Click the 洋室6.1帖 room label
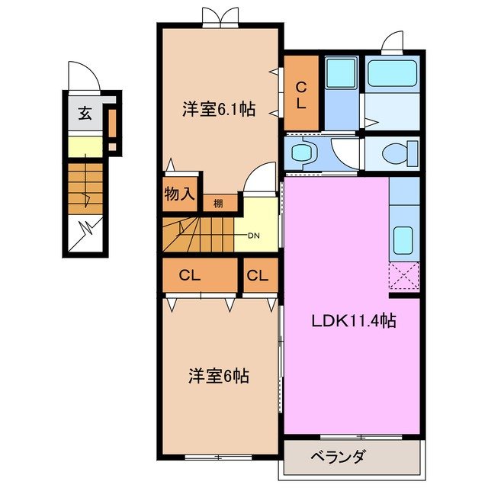pyautogui.click(x=218, y=109)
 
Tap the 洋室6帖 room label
pyautogui.click(x=219, y=376)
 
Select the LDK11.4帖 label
pyautogui.click(x=352, y=322)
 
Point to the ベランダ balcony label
pyautogui.click(x=339, y=457)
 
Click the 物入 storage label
pyautogui.click(x=179, y=194)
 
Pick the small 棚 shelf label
pyautogui.click(x=218, y=203)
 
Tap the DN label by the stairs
pyautogui.click(x=253, y=235)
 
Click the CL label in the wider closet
pyautogui.click(x=190, y=276)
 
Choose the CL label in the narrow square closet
pyautogui.click(x=258, y=276)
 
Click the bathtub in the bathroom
pyautogui.click(x=390, y=74)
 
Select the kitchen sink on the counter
pyautogui.click(x=403, y=241)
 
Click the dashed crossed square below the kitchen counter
pyautogui.click(x=404, y=276)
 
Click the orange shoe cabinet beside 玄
pyautogui.click(x=111, y=120)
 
